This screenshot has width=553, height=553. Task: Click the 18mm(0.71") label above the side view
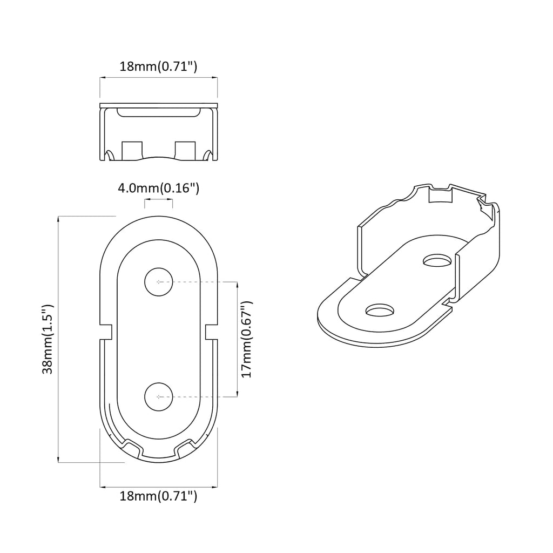[x=158, y=67]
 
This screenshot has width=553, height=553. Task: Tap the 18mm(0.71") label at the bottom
[x=158, y=496]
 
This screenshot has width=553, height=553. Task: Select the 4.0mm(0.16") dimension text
[x=159, y=188]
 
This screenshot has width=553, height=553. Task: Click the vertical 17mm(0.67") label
[x=247, y=339]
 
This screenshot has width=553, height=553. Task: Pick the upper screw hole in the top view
[x=158, y=282]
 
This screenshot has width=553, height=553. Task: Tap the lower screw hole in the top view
[x=158, y=396]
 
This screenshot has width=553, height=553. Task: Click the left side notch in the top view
[x=106, y=332]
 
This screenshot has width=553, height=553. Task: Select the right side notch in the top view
[x=211, y=332]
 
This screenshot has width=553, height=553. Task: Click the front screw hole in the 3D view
[x=380, y=311]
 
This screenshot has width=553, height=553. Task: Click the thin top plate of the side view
[x=158, y=104]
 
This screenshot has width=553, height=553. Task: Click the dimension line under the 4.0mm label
[x=158, y=200]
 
